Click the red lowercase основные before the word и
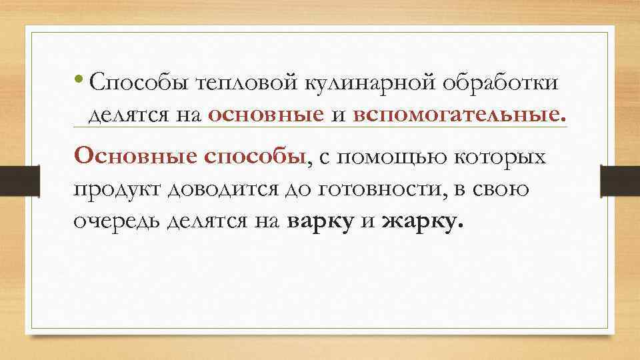[x=266, y=115]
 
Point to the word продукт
[x=120, y=191]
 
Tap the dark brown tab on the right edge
[x=621, y=180]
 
